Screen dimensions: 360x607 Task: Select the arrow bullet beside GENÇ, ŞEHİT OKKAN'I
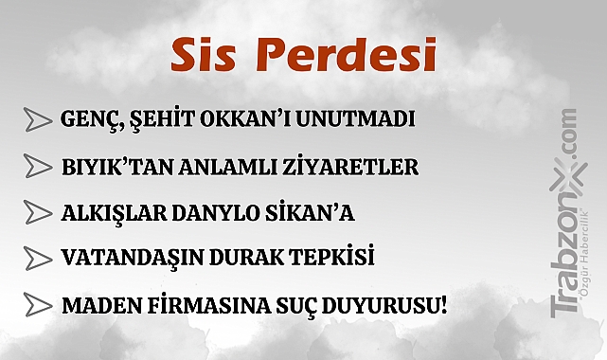(x=37, y=120)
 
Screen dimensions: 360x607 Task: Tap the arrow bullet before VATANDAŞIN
(x=37, y=258)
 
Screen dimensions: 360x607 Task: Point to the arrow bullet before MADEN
(x=37, y=306)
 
